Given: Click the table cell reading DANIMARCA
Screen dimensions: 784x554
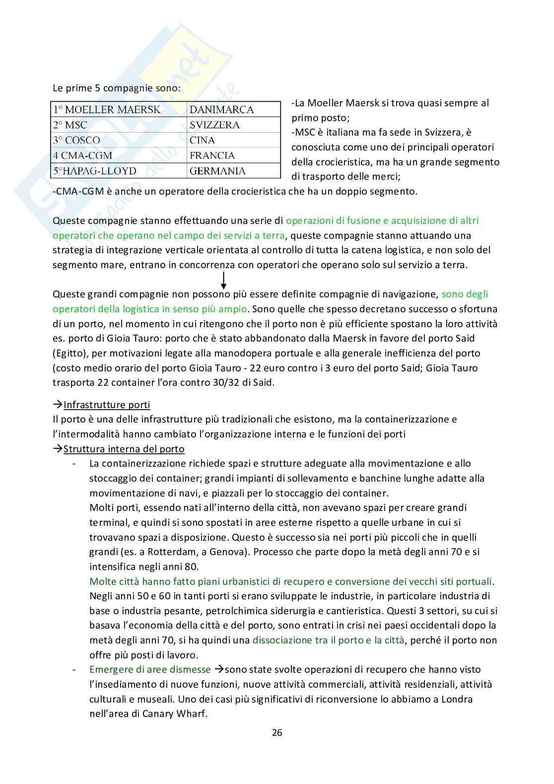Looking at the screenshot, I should click(x=221, y=110).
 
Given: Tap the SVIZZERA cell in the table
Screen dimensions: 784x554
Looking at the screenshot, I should click(x=214, y=125).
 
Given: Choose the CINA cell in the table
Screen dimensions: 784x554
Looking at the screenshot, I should click(x=202, y=141).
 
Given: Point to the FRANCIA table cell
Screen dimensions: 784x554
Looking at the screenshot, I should click(x=212, y=155).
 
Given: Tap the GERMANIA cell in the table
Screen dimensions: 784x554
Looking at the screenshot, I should click(x=217, y=171).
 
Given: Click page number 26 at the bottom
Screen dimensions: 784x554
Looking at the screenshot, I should click(x=277, y=732).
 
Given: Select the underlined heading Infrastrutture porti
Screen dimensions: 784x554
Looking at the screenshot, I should click(x=107, y=405).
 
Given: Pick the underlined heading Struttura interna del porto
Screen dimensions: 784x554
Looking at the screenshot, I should click(x=124, y=449).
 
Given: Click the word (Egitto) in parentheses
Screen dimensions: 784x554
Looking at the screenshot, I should click(x=69, y=354).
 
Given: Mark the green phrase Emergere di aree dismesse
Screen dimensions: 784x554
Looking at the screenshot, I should click(x=150, y=669).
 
